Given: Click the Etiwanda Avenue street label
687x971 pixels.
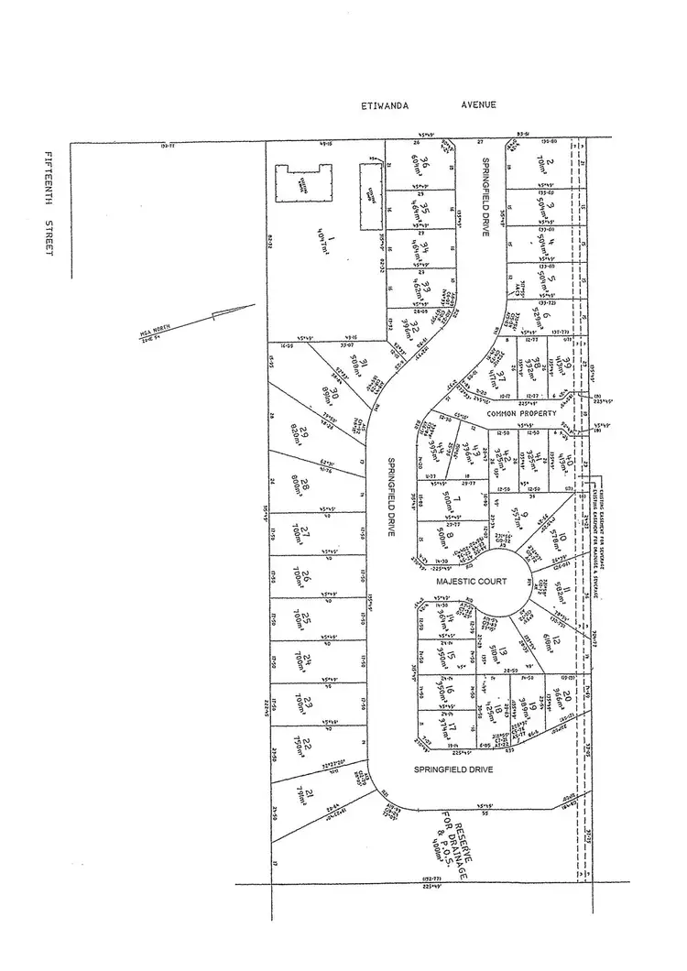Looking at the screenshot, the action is [x=429, y=105].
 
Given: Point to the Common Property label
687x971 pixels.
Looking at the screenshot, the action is [x=523, y=414].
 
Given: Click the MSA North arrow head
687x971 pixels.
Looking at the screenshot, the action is [x=220, y=314].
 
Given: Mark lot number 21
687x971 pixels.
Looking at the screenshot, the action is [x=311, y=792].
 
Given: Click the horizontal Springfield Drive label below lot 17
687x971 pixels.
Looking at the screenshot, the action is [x=453, y=770].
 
